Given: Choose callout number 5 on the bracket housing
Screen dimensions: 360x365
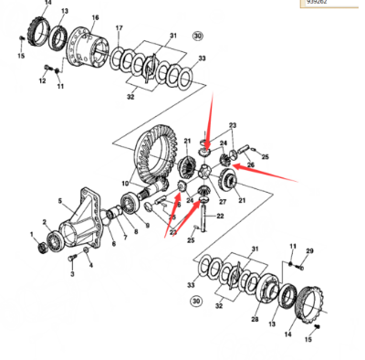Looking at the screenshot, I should (x=61, y=202).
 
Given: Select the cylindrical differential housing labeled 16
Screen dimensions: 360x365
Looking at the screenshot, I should (x=92, y=46).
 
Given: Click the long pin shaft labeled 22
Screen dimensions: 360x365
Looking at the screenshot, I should (x=207, y=219).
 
